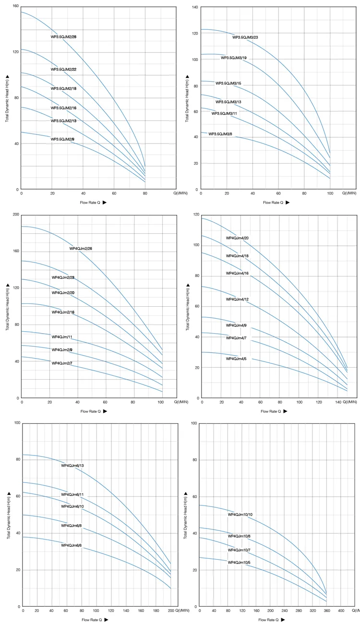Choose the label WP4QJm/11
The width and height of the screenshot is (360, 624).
(x=62, y=337)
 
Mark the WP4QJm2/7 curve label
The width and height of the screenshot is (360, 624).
(x=62, y=363)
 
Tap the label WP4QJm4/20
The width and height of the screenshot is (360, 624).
(x=237, y=238)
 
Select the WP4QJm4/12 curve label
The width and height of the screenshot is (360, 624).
(x=237, y=300)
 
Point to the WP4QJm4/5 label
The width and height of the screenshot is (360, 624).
(x=236, y=359)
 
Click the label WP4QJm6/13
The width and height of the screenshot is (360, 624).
(x=72, y=466)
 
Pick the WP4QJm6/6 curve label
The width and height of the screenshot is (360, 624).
(x=72, y=545)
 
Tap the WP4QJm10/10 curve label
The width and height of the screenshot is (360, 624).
(x=240, y=515)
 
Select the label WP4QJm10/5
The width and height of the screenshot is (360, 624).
(x=239, y=563)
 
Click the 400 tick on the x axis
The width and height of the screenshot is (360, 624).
(x=341, y=611)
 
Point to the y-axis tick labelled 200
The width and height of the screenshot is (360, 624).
(x=16, y=215)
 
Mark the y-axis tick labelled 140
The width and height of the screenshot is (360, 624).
(x=195, y=7)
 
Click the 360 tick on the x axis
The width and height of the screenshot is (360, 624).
(x=327, y=611)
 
